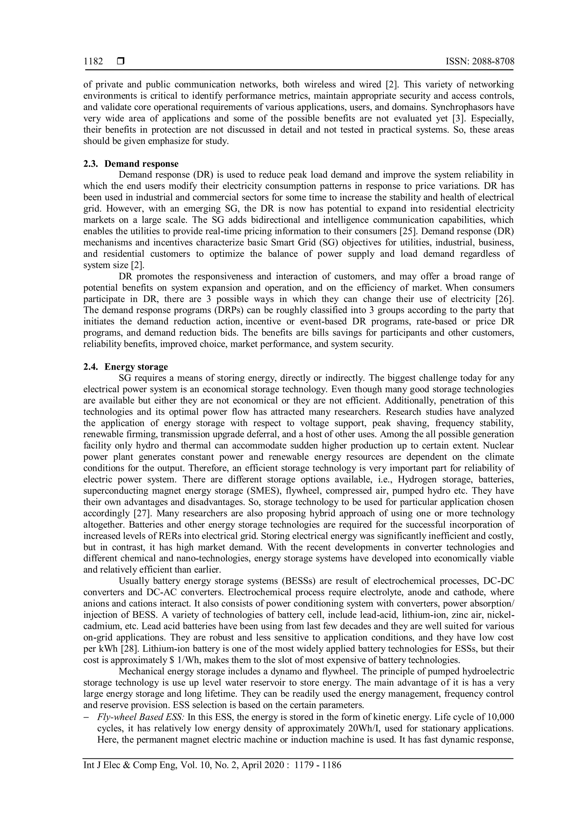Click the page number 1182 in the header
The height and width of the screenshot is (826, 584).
93,62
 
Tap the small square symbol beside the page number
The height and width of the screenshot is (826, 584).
120,62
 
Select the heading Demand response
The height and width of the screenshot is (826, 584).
141,164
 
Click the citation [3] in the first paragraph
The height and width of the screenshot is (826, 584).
459,119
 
